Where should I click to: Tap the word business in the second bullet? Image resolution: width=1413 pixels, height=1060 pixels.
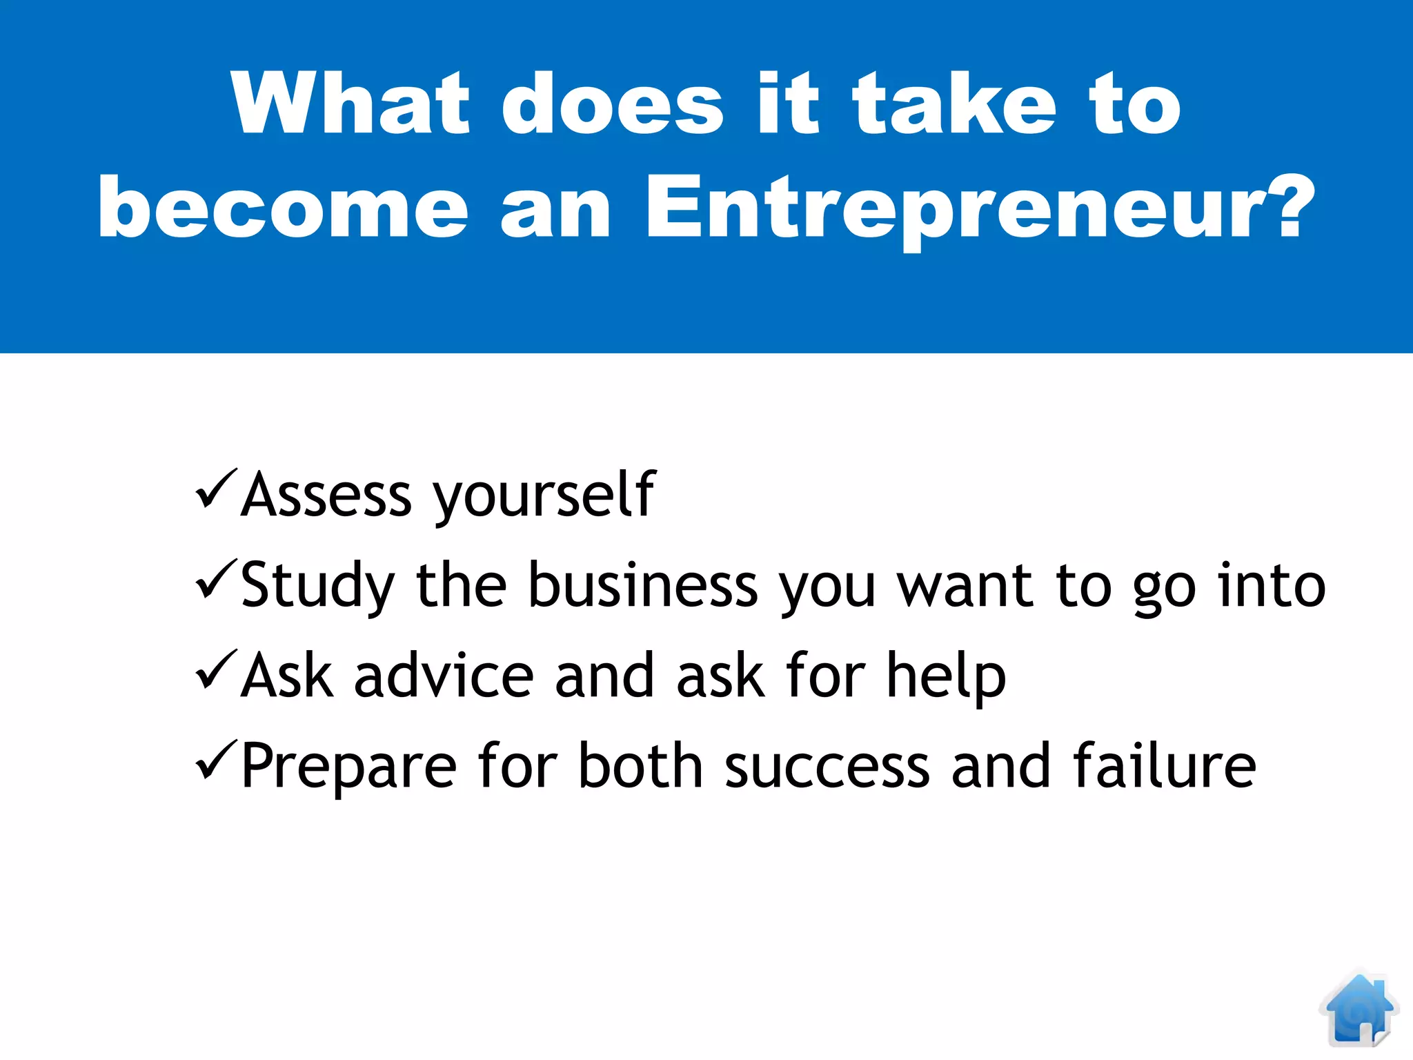pyautogui.click(x=643, y=585)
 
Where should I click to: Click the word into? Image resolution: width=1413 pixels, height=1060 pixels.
pyautogui.click(x=1271, y=585)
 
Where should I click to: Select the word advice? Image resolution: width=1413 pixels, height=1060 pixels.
pyautogui.click(x=444, y=676)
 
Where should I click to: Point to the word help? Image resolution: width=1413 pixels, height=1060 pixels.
pyautogui.click(x=946, y=677)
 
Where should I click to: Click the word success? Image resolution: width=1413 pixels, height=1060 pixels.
pyautogui.click(x=827, y=767)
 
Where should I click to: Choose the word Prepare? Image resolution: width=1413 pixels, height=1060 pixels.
pyautogui.click(x=348, y=768)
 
